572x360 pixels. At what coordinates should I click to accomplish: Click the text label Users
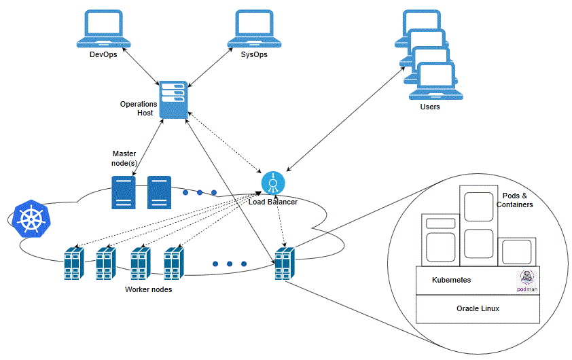point(430,107)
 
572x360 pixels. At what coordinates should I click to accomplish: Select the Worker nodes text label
point(148,289)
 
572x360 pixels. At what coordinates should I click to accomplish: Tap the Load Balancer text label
point(272,202)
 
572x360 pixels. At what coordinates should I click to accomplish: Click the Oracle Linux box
point(478,308)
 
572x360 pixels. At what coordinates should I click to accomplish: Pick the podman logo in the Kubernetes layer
point(526,281)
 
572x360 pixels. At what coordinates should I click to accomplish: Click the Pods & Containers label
point(514,200)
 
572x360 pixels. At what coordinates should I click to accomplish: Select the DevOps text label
point(103,55)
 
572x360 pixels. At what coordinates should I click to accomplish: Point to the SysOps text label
point(254,55)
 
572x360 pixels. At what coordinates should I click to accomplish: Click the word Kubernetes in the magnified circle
point(451,280)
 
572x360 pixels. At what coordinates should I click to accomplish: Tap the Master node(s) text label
point(124,158)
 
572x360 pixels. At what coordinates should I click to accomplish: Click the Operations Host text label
point(139,109)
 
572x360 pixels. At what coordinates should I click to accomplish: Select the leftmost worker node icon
point(73,263)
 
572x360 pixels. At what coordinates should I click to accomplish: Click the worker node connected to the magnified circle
point(284,263)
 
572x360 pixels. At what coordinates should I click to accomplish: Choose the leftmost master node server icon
point(123,192)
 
